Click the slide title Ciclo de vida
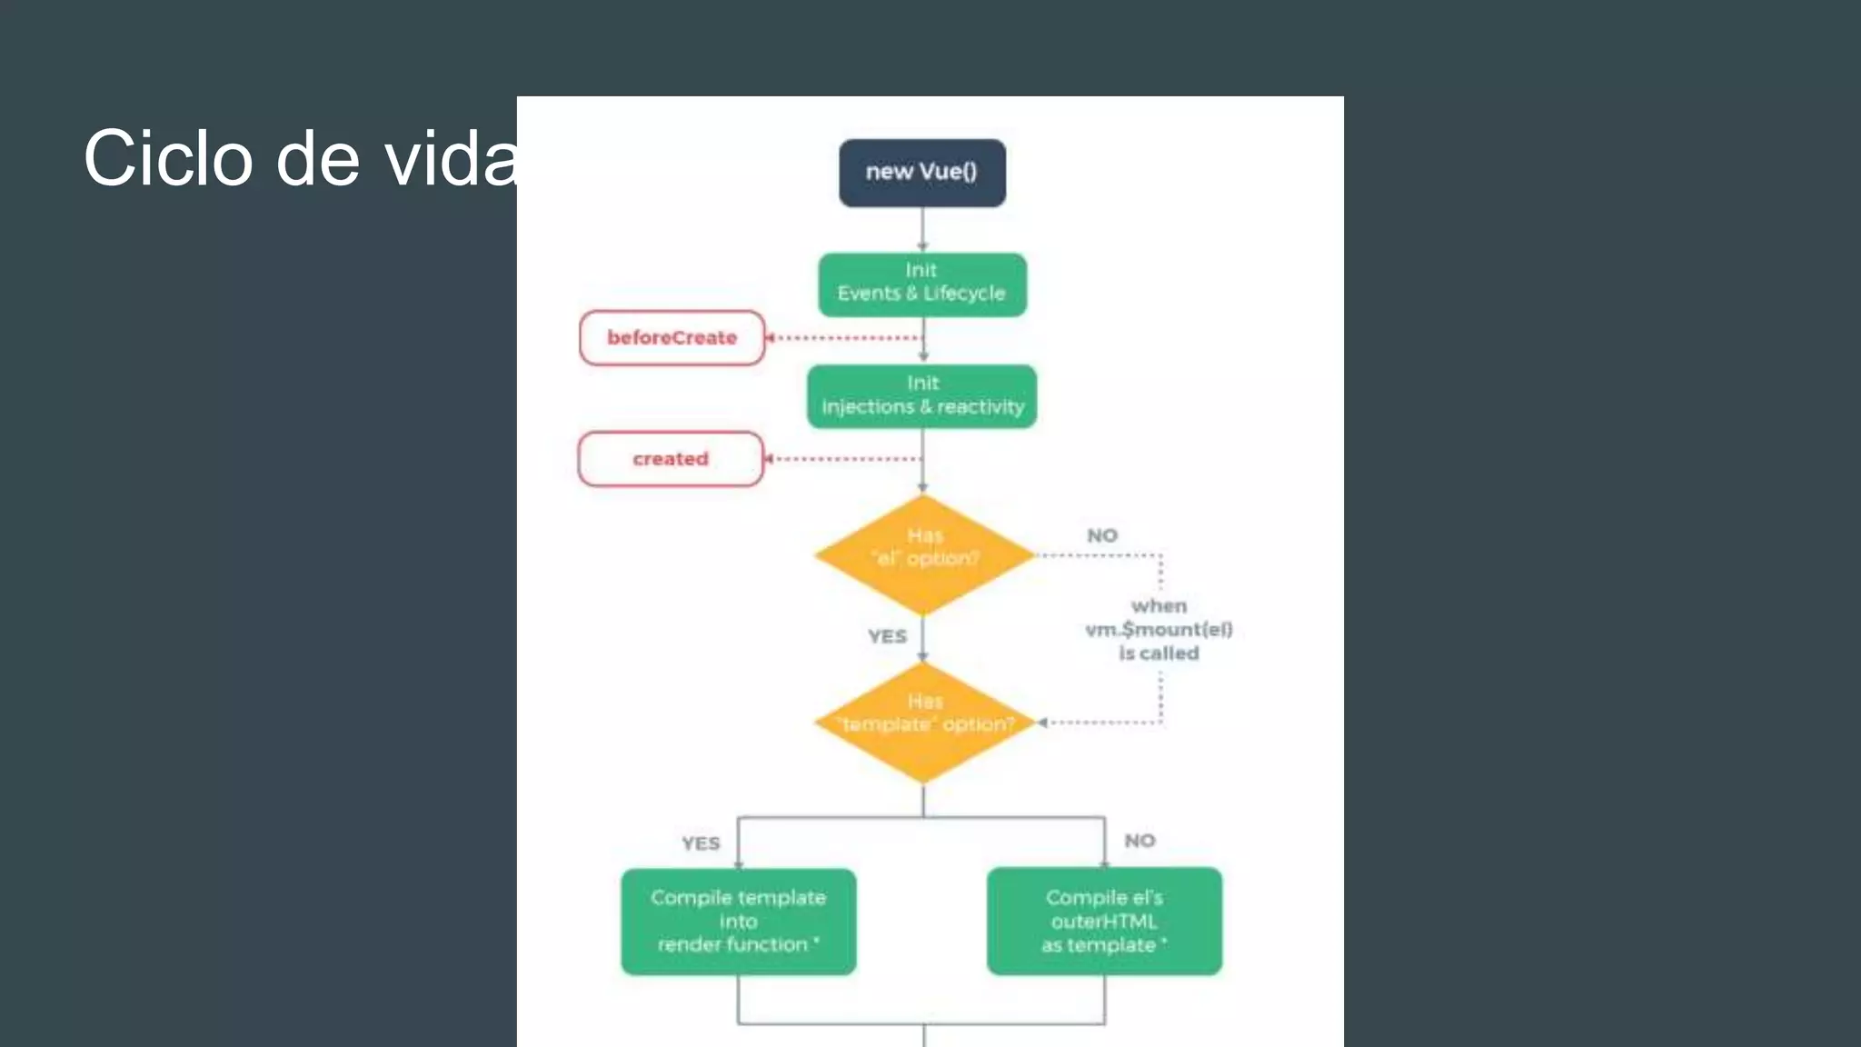(301, 158)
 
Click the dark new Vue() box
(921, 173)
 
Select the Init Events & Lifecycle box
(921, 284)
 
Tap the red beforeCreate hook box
(672, 338)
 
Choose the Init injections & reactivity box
(921, 396)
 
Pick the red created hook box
(671, 459)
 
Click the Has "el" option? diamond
(923, 554)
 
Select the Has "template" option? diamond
(923, 723)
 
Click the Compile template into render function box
(738, 922)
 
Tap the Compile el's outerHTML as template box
(1104, 922)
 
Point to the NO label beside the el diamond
(1102, 535)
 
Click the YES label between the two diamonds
(887, 636)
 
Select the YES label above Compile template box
(701, 843)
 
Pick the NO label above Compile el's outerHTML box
(1139, 841)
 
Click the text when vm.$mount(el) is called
(1159, 629)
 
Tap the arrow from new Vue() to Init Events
(922, 230)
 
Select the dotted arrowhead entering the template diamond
(1044, 723)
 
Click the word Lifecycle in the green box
(964, 294)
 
